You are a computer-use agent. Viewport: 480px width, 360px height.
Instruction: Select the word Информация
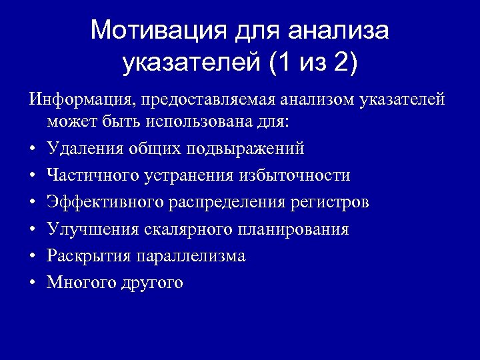79,100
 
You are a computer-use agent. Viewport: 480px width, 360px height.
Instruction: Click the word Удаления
83,148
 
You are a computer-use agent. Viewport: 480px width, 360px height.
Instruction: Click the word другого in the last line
152,283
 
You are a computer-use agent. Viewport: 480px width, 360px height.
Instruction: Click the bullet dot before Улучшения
32,230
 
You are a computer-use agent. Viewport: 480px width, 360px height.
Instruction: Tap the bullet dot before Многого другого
32,283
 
